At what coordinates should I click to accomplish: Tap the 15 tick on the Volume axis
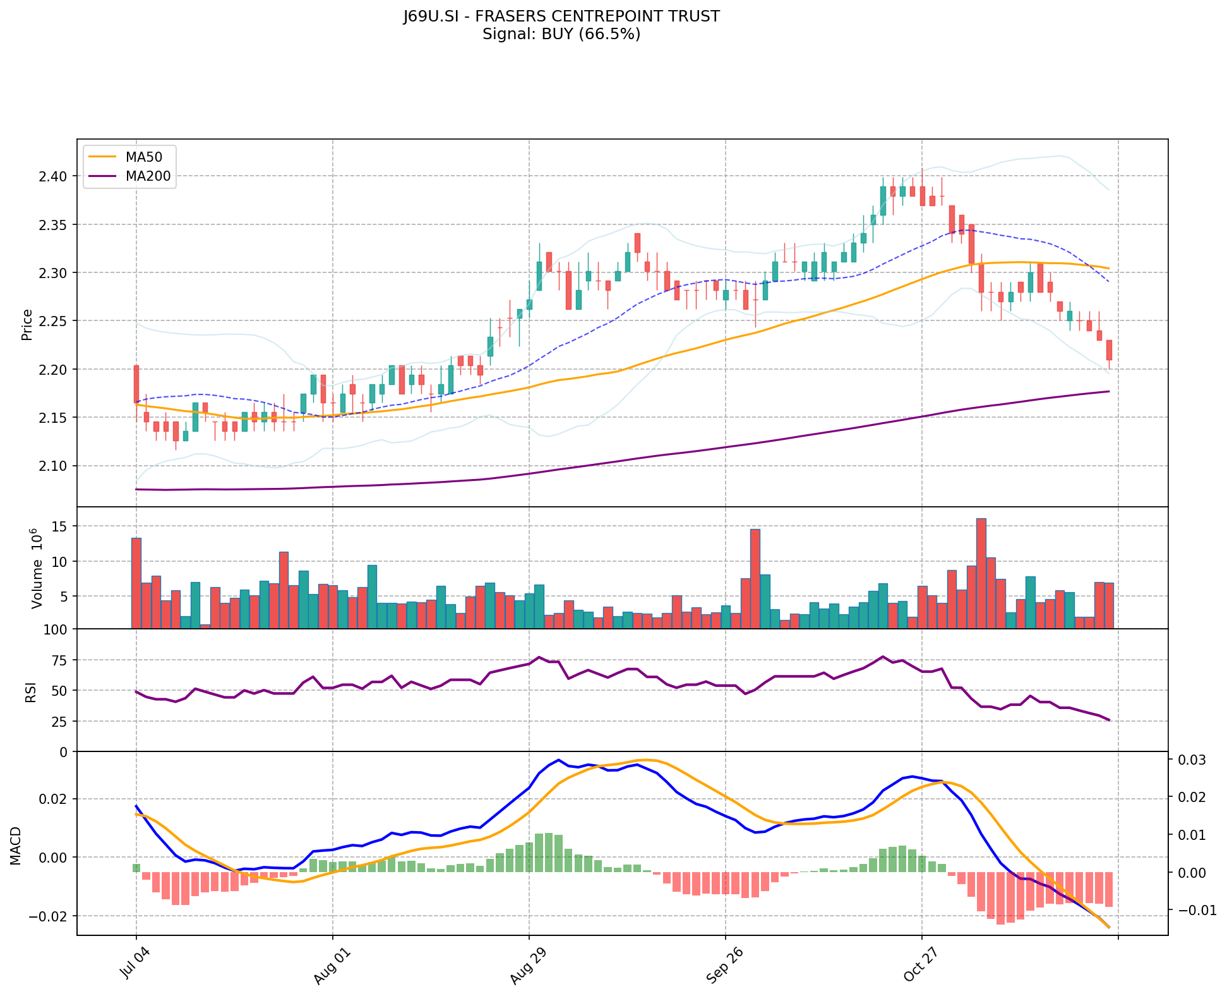(63, 526)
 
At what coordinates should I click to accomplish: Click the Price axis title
(27, 325)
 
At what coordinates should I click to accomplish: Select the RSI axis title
(30, 691)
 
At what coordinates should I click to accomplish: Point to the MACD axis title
(16, 846)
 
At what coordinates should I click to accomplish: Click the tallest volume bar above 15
(981, 573)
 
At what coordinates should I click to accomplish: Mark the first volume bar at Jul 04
(136, 583)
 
